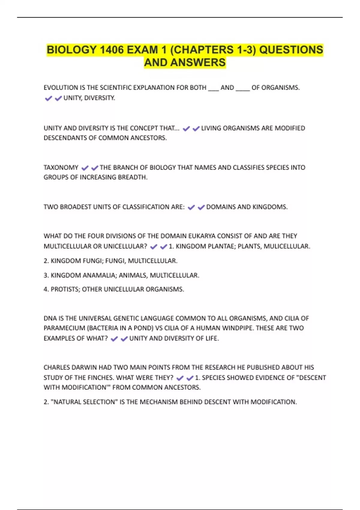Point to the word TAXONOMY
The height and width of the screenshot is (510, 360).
pos(61,167)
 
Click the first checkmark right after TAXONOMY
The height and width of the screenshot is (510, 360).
pos(85,168)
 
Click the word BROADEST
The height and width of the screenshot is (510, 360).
pos(75,207)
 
